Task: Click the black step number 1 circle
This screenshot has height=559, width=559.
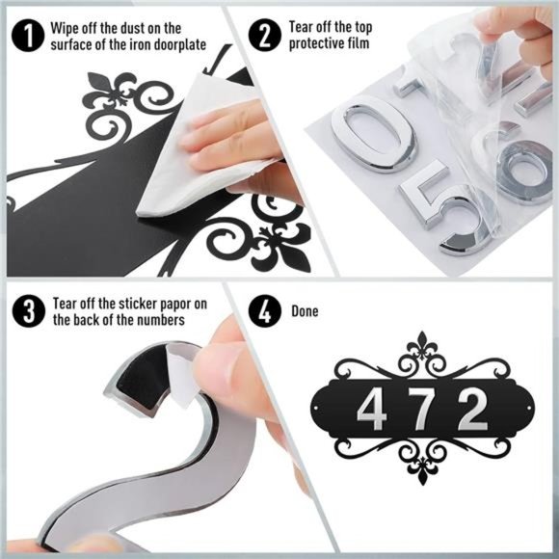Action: point(28,36)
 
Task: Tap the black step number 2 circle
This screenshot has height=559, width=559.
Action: point(265,35)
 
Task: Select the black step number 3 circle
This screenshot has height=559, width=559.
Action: point(29,311)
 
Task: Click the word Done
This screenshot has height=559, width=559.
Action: point(305,311)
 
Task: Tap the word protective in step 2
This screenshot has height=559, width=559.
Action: point(315,43)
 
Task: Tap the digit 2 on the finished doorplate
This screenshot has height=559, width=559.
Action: point(473,409)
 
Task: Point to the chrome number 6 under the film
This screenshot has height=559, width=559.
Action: point(521,168)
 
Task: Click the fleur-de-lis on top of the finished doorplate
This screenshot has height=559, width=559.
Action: point(422,344)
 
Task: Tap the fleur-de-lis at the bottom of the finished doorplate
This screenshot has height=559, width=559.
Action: point(422,470)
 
